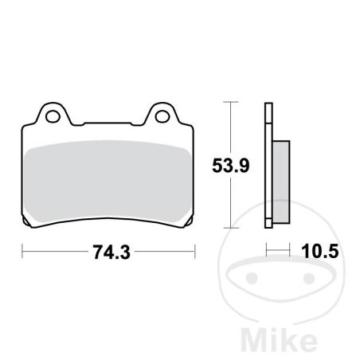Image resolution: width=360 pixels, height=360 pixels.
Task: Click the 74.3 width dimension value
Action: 112,252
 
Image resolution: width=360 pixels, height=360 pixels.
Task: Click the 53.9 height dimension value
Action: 231,166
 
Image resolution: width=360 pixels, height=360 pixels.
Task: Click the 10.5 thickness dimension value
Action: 320,252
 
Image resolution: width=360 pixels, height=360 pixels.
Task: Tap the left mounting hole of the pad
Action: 52,116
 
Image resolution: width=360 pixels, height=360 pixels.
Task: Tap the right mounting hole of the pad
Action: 162,116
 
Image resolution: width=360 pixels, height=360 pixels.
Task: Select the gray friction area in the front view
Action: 108,181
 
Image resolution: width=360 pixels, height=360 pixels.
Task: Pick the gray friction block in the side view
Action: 281,182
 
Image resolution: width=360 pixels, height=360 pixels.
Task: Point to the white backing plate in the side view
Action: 268,165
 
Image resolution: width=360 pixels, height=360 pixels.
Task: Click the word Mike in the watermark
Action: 280,340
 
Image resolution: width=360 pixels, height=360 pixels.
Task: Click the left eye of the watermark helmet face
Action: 252,278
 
